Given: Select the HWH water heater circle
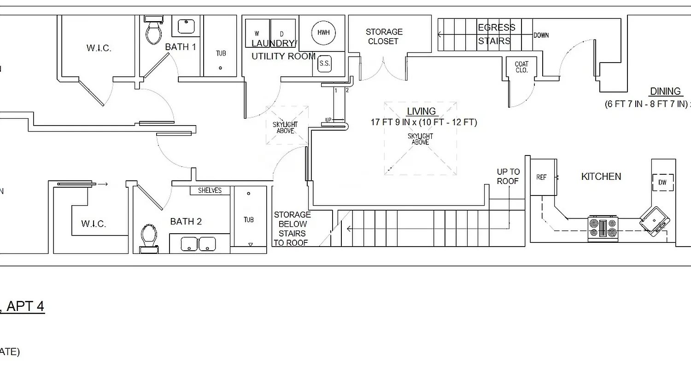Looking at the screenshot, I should (x=323, y=33).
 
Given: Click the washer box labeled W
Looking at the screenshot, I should (x=257, y=34).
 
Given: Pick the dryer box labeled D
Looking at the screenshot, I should (x=282, y=34).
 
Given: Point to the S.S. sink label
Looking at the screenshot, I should (x=324, y=63).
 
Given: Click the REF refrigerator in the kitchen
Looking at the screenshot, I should (x=542, y=177).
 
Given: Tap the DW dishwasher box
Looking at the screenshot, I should (x=662, y=182).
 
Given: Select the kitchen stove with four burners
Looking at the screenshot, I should (x=603, y=228).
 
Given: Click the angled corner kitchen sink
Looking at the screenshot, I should (x=655, y=221).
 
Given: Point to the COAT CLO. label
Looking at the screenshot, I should (x=521, y=67).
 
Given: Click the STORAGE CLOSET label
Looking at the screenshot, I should (x=384, y=36).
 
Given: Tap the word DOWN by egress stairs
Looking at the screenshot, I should (x=541, y=35).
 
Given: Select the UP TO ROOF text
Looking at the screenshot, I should (x=508, y=177).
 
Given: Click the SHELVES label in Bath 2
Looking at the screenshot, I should (x=210, y=190).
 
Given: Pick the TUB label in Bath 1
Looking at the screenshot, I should (x=221, y=53).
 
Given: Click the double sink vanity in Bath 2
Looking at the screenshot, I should (x=199, y=244).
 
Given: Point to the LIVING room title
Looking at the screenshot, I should (x=421, y=111).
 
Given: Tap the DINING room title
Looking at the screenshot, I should (x=665, y=91).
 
